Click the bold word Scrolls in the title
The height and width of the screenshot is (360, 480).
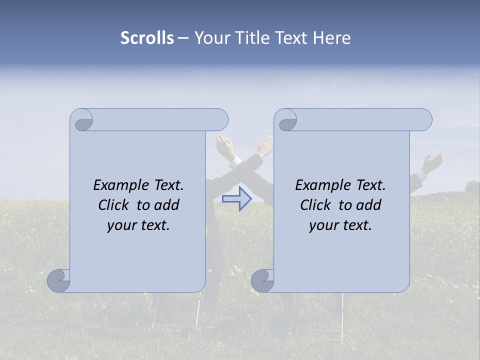(x=147, y=38)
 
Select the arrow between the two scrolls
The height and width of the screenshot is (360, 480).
(x=236, y=199)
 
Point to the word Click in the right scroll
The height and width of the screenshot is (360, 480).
(x=315, y=205)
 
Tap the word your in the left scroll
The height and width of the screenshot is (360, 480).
(x=121, y=225)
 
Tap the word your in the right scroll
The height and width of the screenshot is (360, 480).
(x=323, y=225)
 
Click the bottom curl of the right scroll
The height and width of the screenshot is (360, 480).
(x=262, y=280)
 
